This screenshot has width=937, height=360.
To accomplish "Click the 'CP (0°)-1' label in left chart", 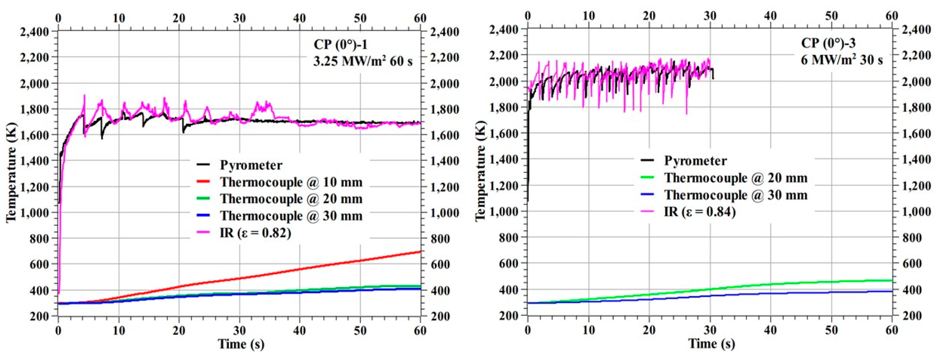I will (341, 44).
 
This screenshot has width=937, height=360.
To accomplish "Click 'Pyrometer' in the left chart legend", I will (251, 165).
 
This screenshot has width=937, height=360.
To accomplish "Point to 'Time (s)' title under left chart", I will (241, 344).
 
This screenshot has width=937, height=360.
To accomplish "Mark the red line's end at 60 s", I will (420, 252).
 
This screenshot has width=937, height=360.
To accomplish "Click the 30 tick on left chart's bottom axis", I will (239, 331).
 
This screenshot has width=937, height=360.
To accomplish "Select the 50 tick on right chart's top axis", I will (831, 16).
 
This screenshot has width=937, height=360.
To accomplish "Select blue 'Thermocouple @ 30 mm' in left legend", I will (291, 216).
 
